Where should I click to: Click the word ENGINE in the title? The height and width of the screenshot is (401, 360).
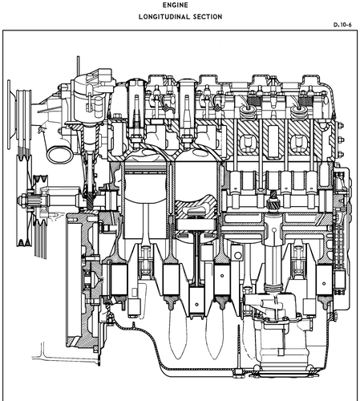coord(175,5)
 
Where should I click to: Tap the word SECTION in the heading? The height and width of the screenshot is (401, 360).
coord(208,17)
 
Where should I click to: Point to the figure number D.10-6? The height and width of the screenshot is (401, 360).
coord(342,25)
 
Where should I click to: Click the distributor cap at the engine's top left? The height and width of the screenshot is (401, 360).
coord(93,80)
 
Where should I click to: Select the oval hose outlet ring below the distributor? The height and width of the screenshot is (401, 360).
coord(60,155)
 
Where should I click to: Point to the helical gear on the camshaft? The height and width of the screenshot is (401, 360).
coord(273,200)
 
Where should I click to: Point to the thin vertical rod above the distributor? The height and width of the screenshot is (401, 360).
coord(78,66)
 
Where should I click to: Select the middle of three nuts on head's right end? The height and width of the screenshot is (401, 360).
coord(341,140)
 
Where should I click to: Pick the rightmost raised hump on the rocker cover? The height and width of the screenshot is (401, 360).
coord(310,79)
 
